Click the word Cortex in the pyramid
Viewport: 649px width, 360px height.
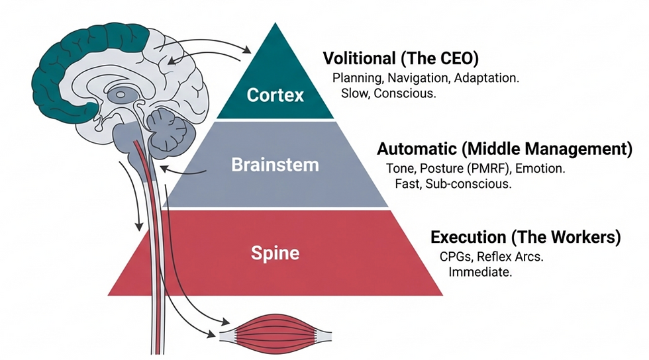pyautogui.click(x=275, y=95)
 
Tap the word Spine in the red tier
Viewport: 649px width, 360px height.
pyautogui.click(x=275, y=253)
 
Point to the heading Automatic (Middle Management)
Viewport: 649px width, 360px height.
pyautogui.click(x=505, y=149)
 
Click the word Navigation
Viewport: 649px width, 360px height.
pyautogui.click(x=419, y=77)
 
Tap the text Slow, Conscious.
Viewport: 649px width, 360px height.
pyautogui.click(x=388, y=93)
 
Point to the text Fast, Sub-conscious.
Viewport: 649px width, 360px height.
pyautogui.click(x=453, y=184)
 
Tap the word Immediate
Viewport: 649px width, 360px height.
pyautogui.click(x=480, y=271)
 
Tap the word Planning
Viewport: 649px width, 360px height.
pyautogui.click(x=356, y=77)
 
